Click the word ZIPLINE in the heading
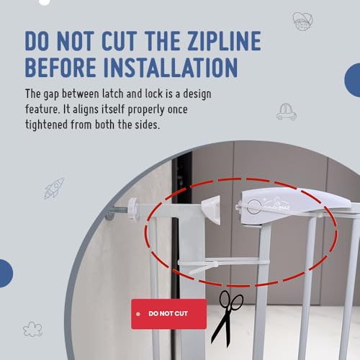(x=225, y=41)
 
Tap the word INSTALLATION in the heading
(x=171, y=68)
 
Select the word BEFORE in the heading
(x=60, y=68)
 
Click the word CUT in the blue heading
(x=120, y=41)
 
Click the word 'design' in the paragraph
(x=197, y=94)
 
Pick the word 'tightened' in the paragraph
(x=47, y=125)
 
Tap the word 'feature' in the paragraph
(x=42, y=109)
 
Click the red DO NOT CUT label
(x=169, y=314)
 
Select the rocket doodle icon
(x=54, y=189)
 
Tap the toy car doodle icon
(x=287, y=112)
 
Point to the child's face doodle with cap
(x=302, y=21)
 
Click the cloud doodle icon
(x=32, y=329)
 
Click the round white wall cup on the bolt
(x=133, y=208)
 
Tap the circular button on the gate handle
(x=254, y=207)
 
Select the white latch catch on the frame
(x=211, y=210)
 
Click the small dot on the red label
(x=138, y=314)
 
